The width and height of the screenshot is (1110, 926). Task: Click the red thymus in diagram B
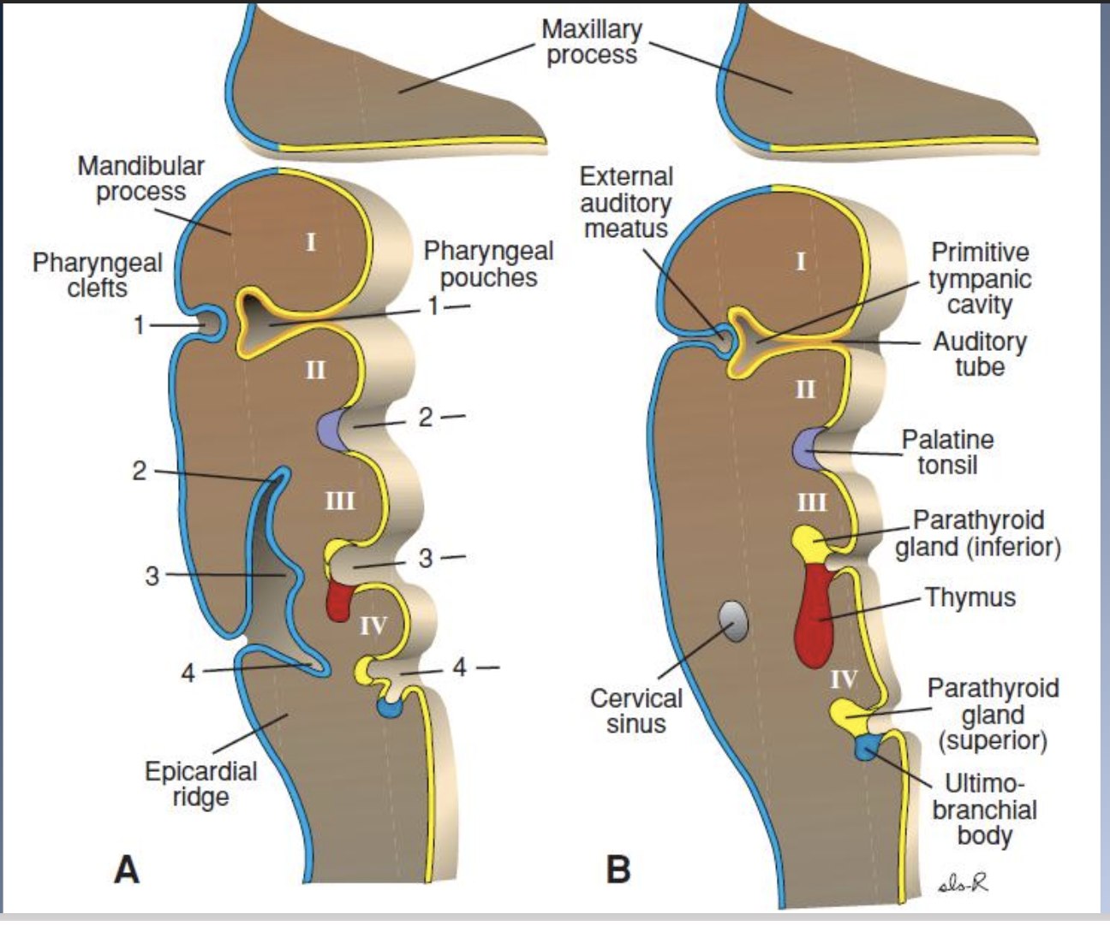tap(814, 616)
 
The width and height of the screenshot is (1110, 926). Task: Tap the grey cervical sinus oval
tap(732, 621)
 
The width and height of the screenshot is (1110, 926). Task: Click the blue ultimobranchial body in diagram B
tap(865, 747)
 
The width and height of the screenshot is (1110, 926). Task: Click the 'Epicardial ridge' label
tap(200, 784)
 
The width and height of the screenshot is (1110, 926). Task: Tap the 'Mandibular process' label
tap(140, 178)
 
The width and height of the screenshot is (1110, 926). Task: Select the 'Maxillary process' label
tap(592, 41)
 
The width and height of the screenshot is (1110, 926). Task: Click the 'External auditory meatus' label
tap(626, 203)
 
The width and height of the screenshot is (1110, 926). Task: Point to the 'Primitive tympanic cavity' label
tap(980, 278)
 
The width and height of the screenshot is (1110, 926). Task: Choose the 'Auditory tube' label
tap(980, 353)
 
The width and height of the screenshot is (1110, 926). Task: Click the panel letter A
tap(126, 870)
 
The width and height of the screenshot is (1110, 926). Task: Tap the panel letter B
tap(618, 870)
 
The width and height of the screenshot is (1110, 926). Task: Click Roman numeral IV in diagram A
tap(373, 626)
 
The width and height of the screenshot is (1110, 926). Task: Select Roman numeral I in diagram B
tap(801, 261)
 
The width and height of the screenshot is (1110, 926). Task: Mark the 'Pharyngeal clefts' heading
tap(97, 275)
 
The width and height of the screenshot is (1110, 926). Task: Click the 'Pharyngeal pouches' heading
tap(488, 264)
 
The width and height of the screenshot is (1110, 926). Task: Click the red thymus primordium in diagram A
tap(339, 600)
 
